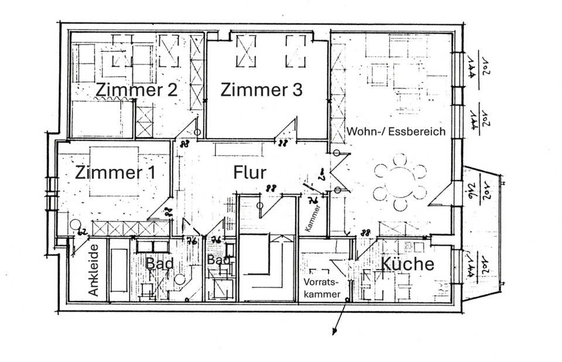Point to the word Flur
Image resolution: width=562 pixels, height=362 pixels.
tap(250, 173)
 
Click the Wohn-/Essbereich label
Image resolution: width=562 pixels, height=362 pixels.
tap(396, 131)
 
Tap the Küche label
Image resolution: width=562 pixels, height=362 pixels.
tap(408, 264)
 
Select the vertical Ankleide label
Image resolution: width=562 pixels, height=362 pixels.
tap(92, 269)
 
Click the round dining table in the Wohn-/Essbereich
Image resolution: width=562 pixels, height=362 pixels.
tap(400, 180)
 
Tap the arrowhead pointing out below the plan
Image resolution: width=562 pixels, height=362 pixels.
tap(334, 332)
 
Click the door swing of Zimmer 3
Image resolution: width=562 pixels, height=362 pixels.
tap(287, 130)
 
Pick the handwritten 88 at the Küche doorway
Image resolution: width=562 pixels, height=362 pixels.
tap(366, 233)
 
